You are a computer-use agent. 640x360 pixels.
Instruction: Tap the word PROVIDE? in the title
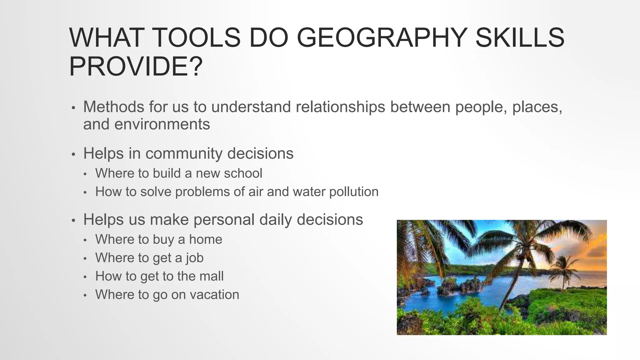[x=136, y=67]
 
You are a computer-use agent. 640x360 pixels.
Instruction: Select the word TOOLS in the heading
[x=197, y=38]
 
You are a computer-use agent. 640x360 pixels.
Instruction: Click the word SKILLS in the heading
[x=520, y=38]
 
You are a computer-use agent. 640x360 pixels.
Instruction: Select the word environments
[x=162, y=124]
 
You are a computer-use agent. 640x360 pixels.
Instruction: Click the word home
[x=206, y=240]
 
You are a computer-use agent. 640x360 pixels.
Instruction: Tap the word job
[x=195, y=258]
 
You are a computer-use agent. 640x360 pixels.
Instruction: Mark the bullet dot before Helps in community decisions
[x=73, y=154]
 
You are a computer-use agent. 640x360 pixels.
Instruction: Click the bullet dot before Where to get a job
[x=85, y=259]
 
